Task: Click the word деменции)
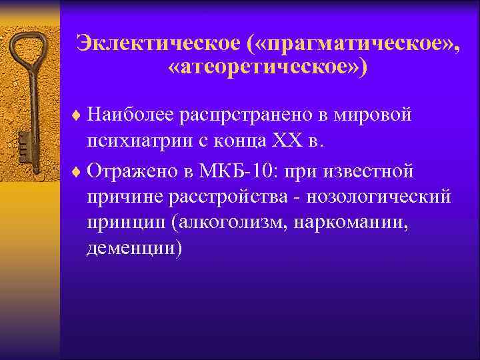tap(133, 249)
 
